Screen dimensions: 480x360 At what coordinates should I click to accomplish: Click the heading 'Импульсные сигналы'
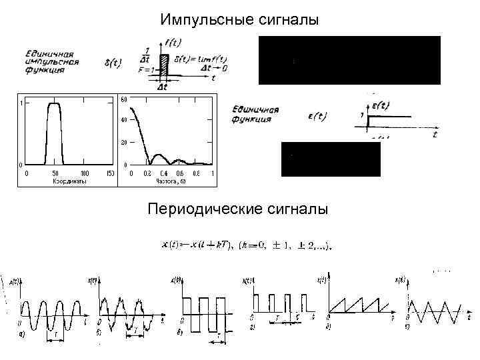(x=239, y=21)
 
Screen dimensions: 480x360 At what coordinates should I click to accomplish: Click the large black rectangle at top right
(x=349, y=60)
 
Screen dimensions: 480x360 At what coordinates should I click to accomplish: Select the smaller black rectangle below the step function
(x=331, y=159)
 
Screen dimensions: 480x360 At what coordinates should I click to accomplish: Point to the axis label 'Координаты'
(x=70, y=180)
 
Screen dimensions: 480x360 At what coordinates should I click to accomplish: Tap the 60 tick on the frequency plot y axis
(x=123, y=99)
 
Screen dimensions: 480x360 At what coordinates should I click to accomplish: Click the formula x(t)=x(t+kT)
(x=246, y=245)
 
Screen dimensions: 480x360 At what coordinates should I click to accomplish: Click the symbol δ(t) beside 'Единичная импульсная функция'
(x=113, y=65)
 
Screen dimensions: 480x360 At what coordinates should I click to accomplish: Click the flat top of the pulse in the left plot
(x=53, y=103)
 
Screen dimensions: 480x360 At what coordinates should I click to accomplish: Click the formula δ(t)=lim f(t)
(x=199, y=61)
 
